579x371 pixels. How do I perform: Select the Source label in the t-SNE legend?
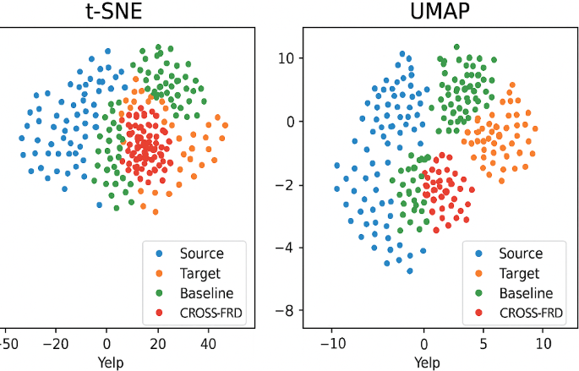[201, 254]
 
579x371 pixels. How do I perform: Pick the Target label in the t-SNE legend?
[199, 274]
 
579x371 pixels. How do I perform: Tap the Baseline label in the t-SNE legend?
[205, 294]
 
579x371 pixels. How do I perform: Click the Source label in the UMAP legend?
[521, 254]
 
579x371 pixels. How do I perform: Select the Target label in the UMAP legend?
[519, 274]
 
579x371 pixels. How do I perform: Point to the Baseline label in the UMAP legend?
[525, 294]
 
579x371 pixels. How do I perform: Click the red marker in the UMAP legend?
[479, 314]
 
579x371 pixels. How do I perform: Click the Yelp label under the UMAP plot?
[426, 362]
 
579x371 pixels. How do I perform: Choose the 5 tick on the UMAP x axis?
[483, 344]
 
